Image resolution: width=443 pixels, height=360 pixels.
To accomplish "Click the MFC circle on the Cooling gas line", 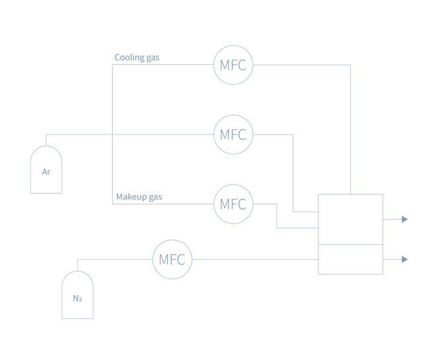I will [x=233, y=65].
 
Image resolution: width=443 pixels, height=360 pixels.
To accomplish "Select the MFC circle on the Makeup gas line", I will [x=233, y=204].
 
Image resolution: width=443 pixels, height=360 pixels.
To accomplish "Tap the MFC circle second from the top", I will [x=233, y=135].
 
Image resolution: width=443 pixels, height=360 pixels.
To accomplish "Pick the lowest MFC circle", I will [x=172, y=259].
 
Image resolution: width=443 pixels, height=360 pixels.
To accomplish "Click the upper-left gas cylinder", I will [x=46, y=170].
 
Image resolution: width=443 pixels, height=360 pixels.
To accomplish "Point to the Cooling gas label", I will [x=137, y=58].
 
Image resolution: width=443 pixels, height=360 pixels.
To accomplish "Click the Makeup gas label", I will [x=139, y=197].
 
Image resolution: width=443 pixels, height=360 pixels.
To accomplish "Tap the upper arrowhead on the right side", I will [x=405, y=219].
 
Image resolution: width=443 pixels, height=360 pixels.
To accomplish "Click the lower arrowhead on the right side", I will [x=405, y=259].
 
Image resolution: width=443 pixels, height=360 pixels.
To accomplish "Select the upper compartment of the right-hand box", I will [x=350, y=219].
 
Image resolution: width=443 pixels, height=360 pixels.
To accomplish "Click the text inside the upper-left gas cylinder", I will [x=46, y=172].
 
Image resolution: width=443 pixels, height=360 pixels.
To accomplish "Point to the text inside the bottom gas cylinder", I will [x=78, y=298].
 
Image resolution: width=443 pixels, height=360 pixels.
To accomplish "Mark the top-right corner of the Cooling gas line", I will [x=350, y=65].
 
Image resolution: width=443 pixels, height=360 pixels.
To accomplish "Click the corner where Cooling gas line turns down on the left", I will [x=112, y=65].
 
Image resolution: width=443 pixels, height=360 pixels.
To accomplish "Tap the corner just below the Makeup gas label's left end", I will [x=112, y=204].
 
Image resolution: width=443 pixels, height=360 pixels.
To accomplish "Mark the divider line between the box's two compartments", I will [x=350, y=245].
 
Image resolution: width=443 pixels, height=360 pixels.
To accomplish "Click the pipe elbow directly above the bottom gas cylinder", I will [x=78, y=259].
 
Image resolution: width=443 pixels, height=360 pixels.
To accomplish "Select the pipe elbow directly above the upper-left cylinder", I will [x=46, y=135].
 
